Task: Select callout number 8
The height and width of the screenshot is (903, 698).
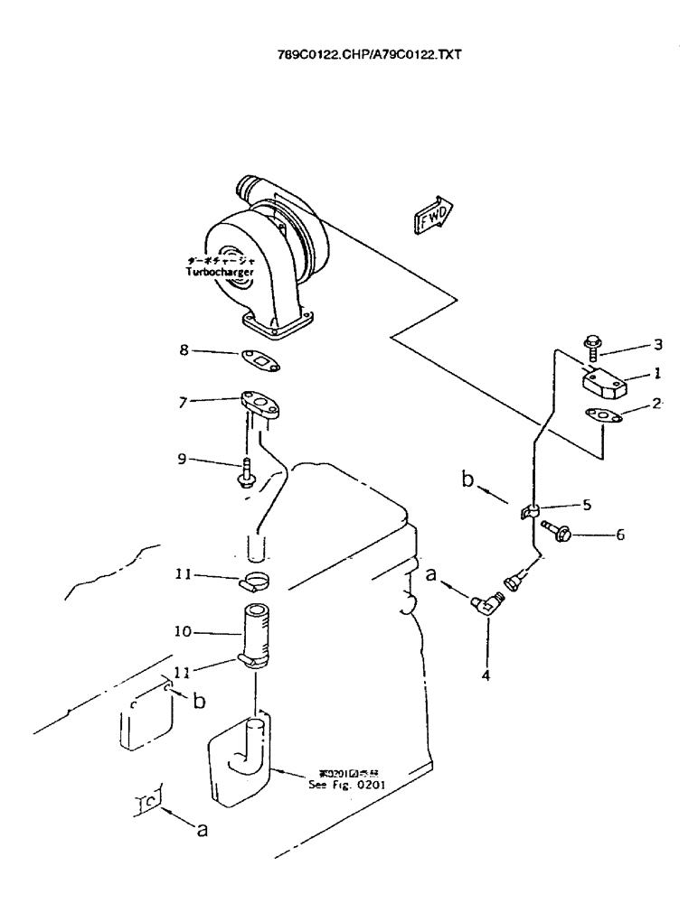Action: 184,351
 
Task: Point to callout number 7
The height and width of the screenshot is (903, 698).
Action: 184,402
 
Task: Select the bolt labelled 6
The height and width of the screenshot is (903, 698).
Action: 555,535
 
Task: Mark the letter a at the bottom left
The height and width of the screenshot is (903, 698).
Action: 203,831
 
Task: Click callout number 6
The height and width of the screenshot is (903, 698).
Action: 619,535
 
